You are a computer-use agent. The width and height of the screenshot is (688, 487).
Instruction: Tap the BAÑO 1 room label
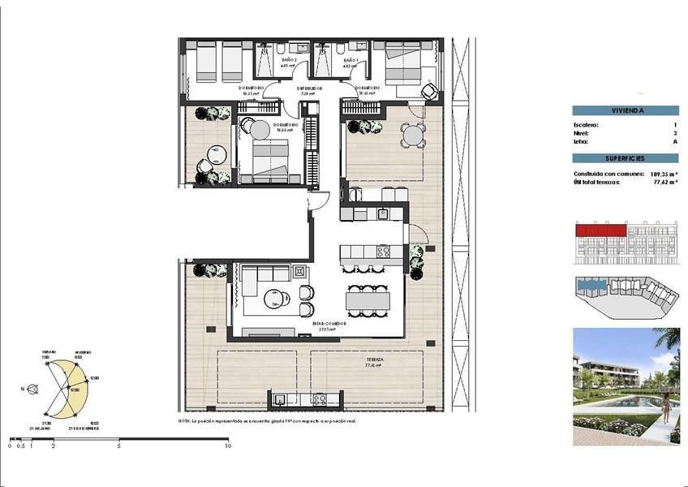pyautogui.click(x=350, y=61)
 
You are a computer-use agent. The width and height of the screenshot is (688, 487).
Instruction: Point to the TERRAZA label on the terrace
pyautogui.click(x=374, y=358)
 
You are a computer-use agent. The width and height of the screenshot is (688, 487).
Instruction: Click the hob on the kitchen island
pyautogui.click(x=382, y=251)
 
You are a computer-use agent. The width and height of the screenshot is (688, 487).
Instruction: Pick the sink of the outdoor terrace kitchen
pyautogui.click(x=280, y=399)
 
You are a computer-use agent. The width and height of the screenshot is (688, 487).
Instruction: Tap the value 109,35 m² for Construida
pyautogui.click(x=664, y=174)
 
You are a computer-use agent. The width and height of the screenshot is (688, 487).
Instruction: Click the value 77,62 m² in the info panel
pyautogui.click(x=666, y=183)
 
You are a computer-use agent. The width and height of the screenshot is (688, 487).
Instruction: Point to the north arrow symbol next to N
pyautogui.click(x=32, y=389)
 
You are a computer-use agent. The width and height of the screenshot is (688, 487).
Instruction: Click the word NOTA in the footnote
pyautogui.click(x=184, y=421)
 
